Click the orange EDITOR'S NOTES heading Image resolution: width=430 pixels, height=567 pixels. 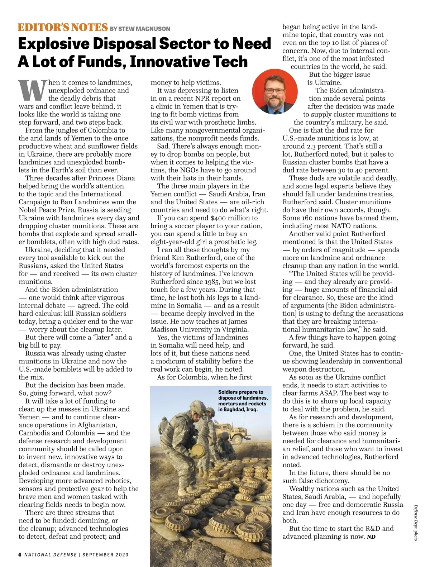click(63, 27)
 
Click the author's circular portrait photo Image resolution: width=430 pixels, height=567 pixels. click(275, 92)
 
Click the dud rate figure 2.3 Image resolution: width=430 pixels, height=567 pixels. click(314, 146)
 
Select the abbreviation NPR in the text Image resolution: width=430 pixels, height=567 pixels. click(205, 99)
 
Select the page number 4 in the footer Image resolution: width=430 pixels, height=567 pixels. click(20, 554)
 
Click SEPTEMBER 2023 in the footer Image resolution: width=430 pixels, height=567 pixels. click(105, 554)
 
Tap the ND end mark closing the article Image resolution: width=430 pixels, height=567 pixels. click(371, 537)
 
